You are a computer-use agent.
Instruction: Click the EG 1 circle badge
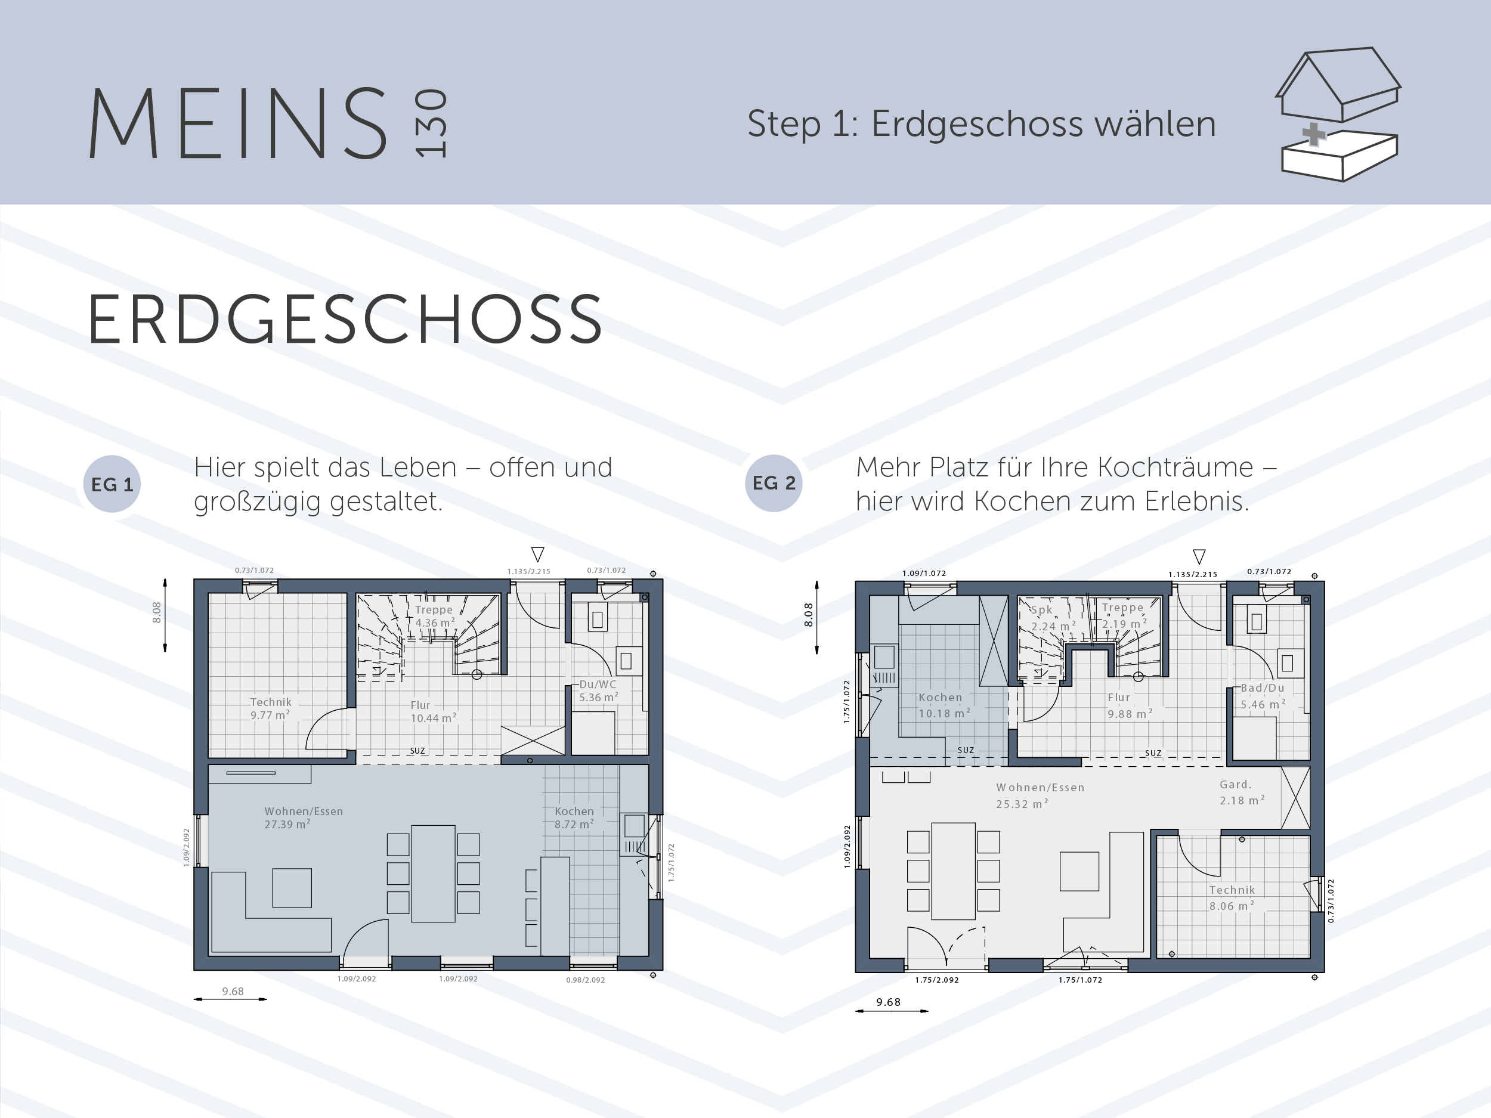(x=112, y=484)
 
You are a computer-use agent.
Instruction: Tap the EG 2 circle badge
(x=774, y=483)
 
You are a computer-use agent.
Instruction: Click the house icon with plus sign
(x=1338, y=114)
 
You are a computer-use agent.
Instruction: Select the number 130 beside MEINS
(x=431, y=123)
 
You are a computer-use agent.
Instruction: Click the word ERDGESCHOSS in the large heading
(x=345, y=319)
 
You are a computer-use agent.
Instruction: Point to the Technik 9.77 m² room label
(x=270, y=708)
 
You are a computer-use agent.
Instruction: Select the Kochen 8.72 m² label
(x=574, y=817)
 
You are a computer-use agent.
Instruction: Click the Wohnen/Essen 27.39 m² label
(x=304, y=817)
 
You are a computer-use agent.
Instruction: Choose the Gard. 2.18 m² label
(x=1242, y=792)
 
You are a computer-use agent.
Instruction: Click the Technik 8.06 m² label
(x=1232, y=897)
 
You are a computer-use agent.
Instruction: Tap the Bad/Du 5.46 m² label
(x=1263, y=696)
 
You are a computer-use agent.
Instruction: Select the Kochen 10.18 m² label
(x=944, y=705)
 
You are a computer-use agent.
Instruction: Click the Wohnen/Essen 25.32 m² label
(x=1040, y=795)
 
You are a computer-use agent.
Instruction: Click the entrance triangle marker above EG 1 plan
(x=538, y=554)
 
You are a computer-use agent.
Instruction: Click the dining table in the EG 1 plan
(x=434, y=874)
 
